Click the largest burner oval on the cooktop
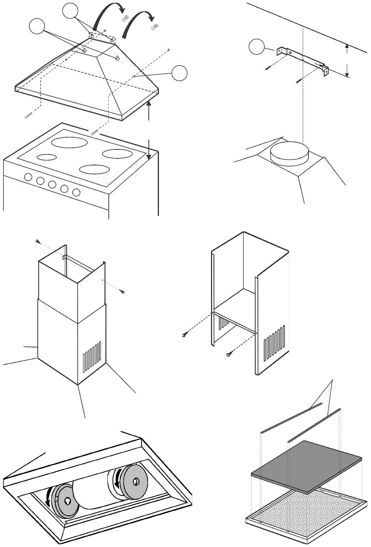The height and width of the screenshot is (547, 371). [70, 143]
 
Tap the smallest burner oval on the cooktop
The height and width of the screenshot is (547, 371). [47, 158]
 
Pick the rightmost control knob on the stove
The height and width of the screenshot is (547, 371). [77, 192]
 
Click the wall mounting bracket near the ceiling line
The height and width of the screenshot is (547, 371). [302, 59]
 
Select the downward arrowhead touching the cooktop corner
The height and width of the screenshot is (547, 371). [149, 157]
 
